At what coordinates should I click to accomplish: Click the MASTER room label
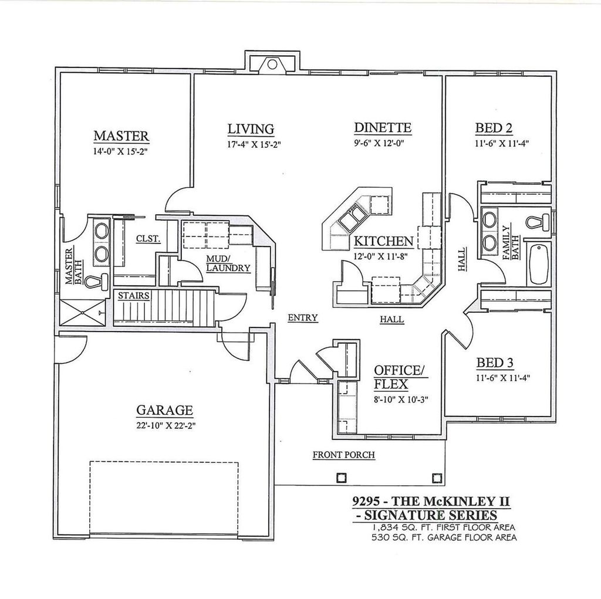(121, 136)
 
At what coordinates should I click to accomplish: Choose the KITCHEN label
(383, 241)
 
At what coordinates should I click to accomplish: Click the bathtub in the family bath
(538, 264)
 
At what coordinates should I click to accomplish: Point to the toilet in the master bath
(96, 281)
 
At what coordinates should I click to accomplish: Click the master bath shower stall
(82, 310)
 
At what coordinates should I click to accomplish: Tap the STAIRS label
(133, 296)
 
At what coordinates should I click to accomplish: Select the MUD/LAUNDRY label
(228, 263)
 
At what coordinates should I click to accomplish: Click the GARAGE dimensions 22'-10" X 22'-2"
(165, 425)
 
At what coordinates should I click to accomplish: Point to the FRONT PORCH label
(343, 455)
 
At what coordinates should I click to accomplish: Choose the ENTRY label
(302, 318)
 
